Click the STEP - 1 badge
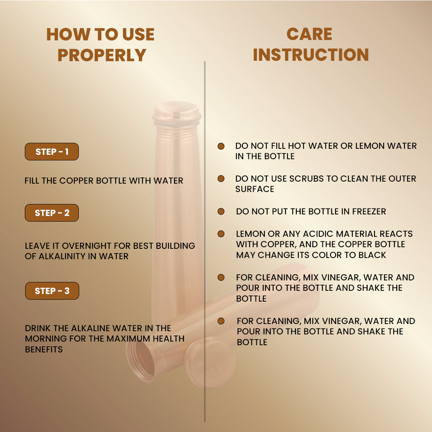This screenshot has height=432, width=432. (x=52, y=152)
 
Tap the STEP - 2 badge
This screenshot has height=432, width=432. (x=52, y=213)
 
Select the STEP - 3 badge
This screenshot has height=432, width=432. (x=52, y=291)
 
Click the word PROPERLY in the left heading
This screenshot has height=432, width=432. (x=102, y=55)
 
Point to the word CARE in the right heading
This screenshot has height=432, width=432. (x=309, y=34)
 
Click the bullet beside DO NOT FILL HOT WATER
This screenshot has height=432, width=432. (x=221, y=146)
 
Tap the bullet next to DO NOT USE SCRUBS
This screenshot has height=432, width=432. (x=221, y=178)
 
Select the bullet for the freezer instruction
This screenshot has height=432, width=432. (x=221, y=211)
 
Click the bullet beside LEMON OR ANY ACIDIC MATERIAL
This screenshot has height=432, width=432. (x=221, y=234)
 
